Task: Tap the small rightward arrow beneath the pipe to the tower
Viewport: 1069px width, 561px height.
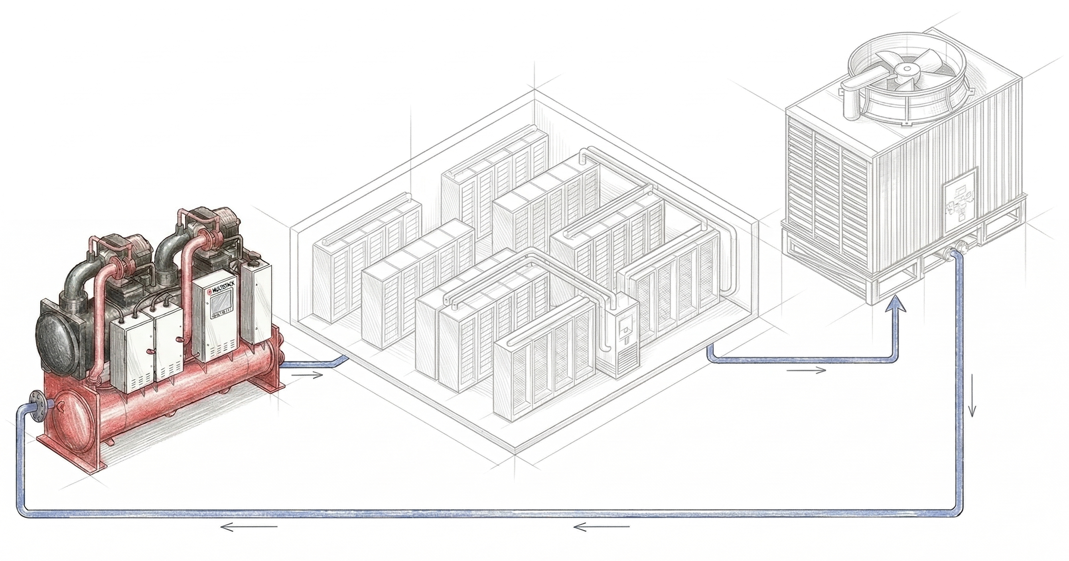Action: [x=806, y=370]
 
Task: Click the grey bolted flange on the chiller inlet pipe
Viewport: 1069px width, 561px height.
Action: [x=38, y=404]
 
